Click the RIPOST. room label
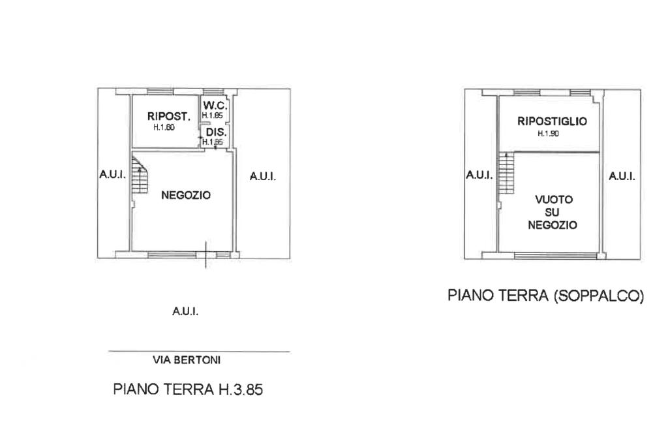pyautogui.click(x=169, y=116)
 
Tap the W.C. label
pyautogui.click(x=215, y=105)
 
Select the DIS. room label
pyautogui.click(x=217, y=132)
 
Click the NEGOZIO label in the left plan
pyautogui.click(x=186, y=195)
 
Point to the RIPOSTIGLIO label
pyautogui.click(x=552, y=121)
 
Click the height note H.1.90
pyautogui.click(x=548, y=133)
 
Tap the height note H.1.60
pyautogui.click(x=164, y=127)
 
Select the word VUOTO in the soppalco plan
pyautogui.click(x=554, y=200)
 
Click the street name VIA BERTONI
pyautogui.click(x=187, y=360)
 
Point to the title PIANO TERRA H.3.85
pyautogui.click(x=188, y=389)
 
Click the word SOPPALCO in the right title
pyautogui.click(x=599, y=296)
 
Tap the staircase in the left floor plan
pyautogui.click(x=140, y=175)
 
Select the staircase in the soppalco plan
pyautogui.click(x=506, y=173)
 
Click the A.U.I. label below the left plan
pyautogui.click(x=185, y=312)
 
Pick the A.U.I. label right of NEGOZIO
pyautogui.click(x=263, y=176)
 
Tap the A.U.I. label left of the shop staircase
pyautogui.click(x=112, y=174)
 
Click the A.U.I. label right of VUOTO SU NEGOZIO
pyautogui.click(x=622, y=176)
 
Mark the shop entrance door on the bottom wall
pyautogui.click(x=206, y=255)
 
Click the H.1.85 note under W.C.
pyautogui.click(x=212, y=115)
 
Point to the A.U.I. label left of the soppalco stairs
pyautogui.click(x=479, y=175)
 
